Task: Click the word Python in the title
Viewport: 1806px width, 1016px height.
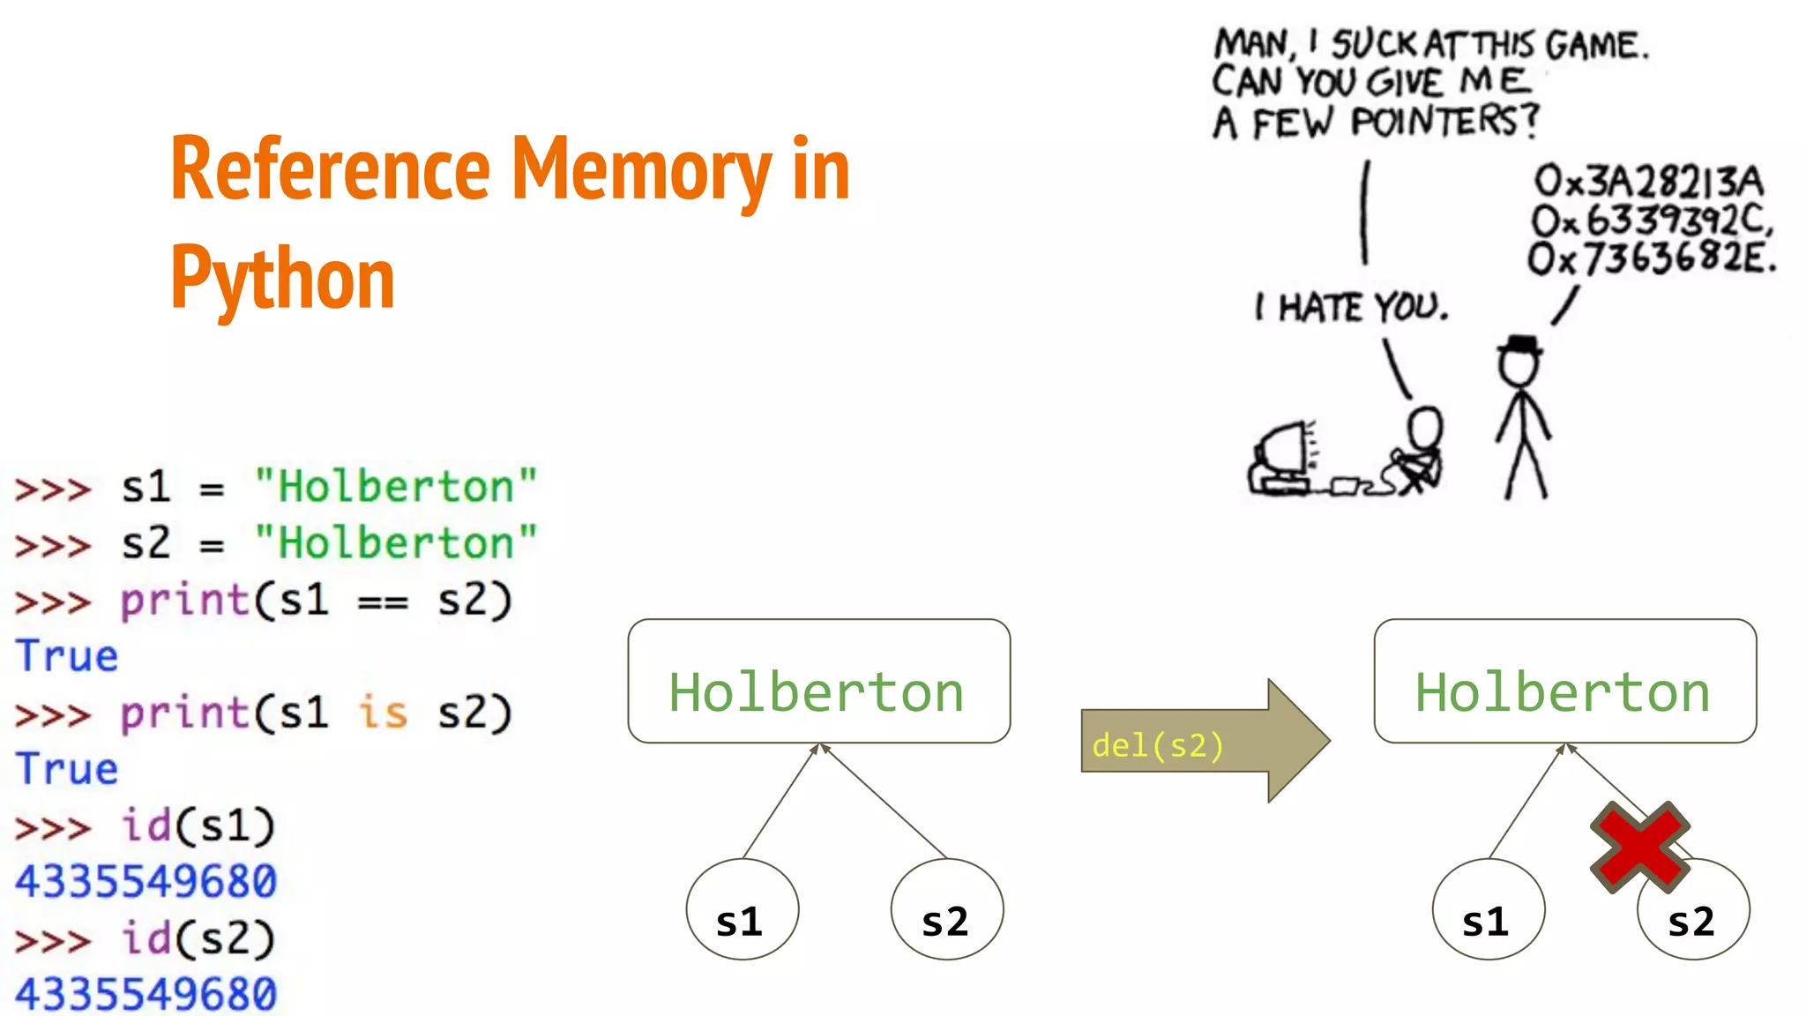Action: pyautogui.click(x=282, y=278)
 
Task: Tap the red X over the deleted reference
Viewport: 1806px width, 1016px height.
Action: pyautogui.click(x=1639, y=847)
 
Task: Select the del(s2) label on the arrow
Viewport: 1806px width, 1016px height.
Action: pyautogui.click(x=1158, y=746)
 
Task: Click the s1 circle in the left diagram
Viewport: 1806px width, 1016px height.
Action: pyautogui.click(x=742, y=909)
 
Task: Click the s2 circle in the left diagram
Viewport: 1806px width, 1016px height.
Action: pyautogui.click(x=946, y=909)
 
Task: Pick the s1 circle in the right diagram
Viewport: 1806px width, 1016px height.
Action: pyautogui.click(x=1488, y=909)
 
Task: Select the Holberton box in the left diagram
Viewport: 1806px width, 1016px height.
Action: pyautogui.click(x=818, y=681)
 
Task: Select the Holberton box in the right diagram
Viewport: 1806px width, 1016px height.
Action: pyautogui.click(x=1564, y=681)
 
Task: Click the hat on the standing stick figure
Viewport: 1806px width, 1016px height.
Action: pyautogui.click(x=1520, y=343)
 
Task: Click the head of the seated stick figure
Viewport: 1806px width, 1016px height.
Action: pyautogui.click(x=1424, y=428)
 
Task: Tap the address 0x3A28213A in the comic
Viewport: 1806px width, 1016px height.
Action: pyautogui.click(x=1648, y=182)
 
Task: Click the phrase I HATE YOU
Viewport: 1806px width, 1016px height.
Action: pyautogui.click(x=1352, y=308)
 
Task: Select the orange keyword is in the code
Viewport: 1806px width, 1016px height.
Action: pyautogui.click(x=383, y=713)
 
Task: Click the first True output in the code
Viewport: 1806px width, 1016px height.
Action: pyautogui.click(x=67, y=656)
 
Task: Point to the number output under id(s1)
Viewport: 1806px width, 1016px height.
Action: pyautogui.click(x=146, y=881)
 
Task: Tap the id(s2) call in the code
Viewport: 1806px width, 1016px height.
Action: pyautogui.click(x=198, y=938)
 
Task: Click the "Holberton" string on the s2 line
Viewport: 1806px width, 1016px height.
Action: pyautogui.click(x=395, y=542)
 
